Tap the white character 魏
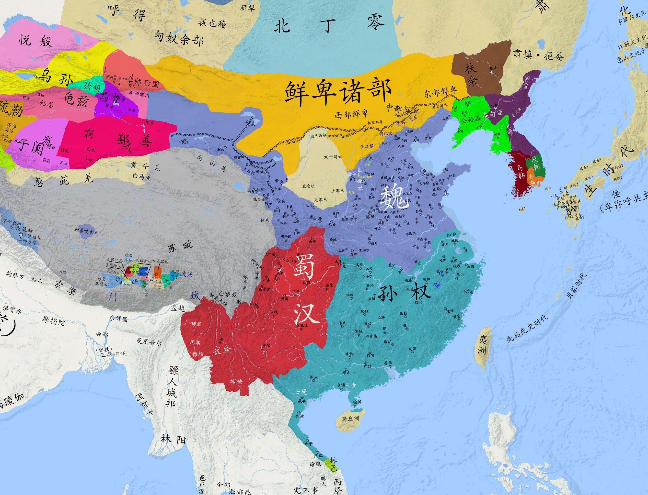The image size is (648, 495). pyautogui.click(x=395, y=197)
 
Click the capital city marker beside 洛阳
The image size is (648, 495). pyautogui.click(x=370, y=213)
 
